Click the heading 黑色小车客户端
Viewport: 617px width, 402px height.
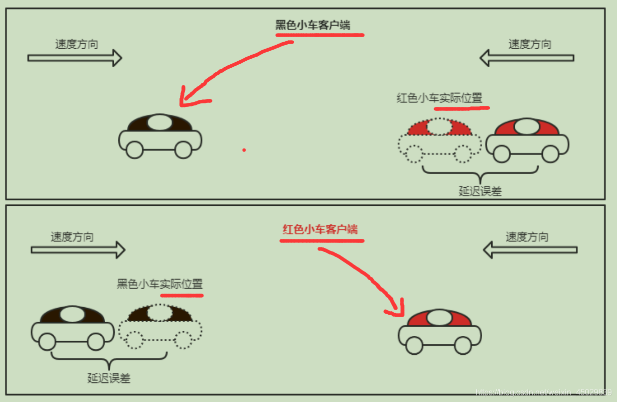(312, 25)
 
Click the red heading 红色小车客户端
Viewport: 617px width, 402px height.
(320, 230)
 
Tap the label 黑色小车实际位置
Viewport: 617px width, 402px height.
(160, 284)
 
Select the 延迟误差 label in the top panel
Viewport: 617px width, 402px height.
(480, 191)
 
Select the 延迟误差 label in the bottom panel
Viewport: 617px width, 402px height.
(109, 378)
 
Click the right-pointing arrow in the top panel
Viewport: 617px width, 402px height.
(75, 58)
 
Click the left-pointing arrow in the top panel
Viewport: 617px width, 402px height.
(527, 58)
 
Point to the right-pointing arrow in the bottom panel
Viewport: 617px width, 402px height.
(78, 249)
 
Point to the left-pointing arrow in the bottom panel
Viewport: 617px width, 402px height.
(530, 249)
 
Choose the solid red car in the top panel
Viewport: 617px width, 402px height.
(527, 141)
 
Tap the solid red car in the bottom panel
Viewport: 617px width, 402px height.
(440, 332)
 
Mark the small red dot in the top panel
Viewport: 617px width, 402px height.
(244, 150)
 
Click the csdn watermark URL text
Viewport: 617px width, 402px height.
(543, 392)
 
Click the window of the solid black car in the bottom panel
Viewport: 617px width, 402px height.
(73, 315)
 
